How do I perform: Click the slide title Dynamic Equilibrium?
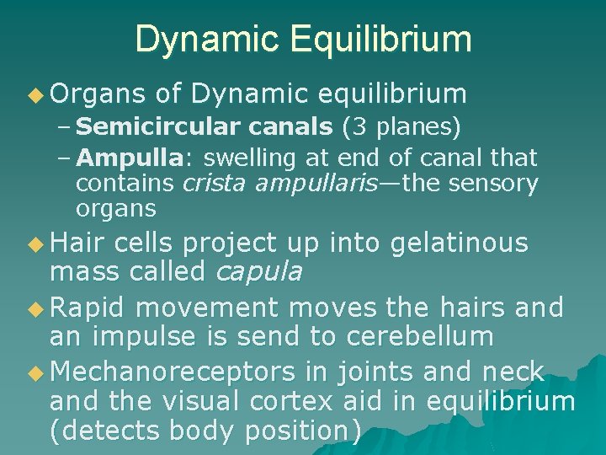coord(303,39)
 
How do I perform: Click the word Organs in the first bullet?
coord(88,94)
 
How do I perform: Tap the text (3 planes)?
coord(401,127)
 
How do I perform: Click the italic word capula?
coord(259,270)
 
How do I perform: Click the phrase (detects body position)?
coord(206,431)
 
